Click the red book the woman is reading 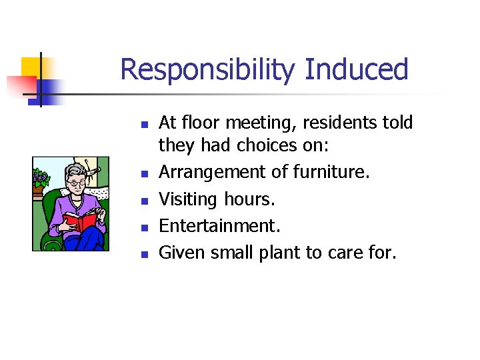tap(79, 221)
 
